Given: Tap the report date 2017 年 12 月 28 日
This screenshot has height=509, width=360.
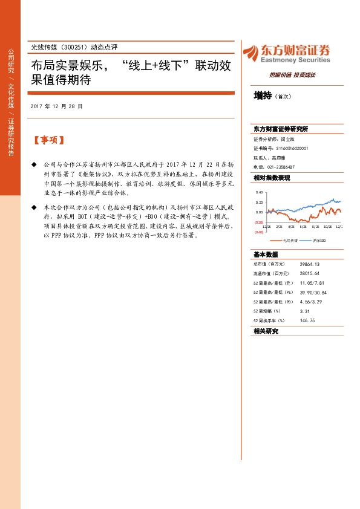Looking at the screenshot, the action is pyautogui.click(x=56, y=106).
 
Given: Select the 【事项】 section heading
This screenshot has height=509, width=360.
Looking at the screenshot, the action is pyautogui.click(x=48, y=140).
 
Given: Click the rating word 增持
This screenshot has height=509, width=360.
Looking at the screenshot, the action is pyautogui.click(x=263, y=96).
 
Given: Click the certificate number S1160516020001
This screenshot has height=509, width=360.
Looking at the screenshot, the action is pyautogui.click(x=292, y=148).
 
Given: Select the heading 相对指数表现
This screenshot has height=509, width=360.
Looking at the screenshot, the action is pyautogui.click(x=272, y=178).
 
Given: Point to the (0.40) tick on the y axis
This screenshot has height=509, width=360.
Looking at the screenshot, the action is pyautogui.click(x=259, y=232).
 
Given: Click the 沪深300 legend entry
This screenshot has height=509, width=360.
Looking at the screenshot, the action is pyautogui.click(x=319, y=240).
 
